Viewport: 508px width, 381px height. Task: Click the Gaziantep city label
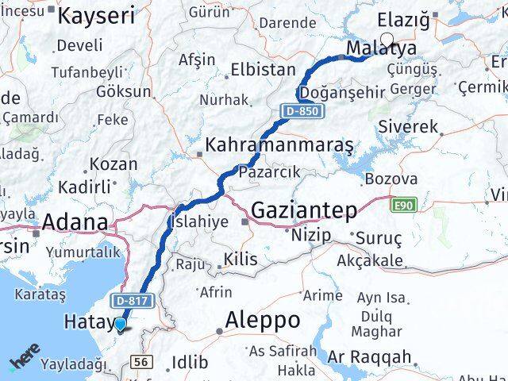tap(306, 210)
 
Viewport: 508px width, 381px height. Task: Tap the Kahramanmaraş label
tap(279, 146)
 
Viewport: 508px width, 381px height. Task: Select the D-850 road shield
tap(305, 111)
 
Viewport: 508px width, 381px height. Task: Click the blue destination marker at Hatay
tap(120, 324)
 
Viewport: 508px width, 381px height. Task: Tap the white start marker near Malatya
tap(387, 40)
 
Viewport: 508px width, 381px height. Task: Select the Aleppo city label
tap(263, 321)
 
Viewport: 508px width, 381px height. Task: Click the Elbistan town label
tap(263, 70)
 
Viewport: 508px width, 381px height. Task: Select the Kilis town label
tap(241, 260)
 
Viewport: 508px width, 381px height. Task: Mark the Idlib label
tap(190, 364)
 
